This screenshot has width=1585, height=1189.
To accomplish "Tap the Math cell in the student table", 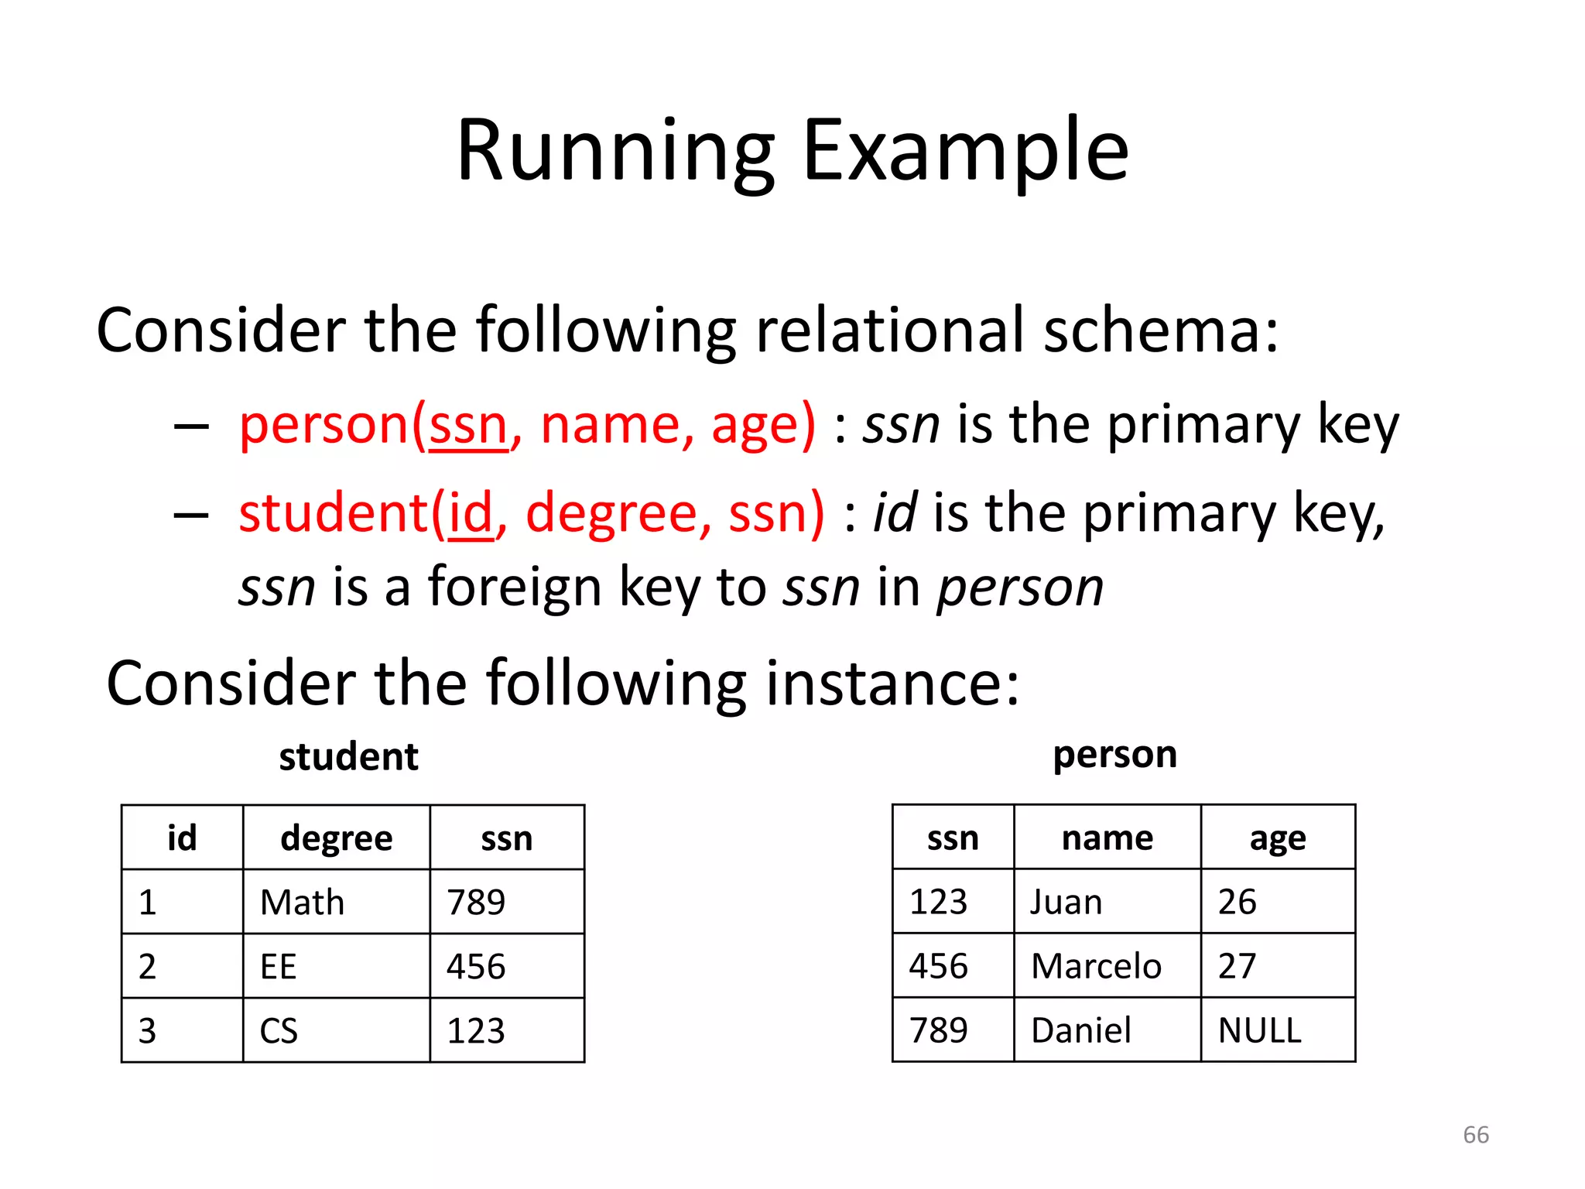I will click(x=302, y=903).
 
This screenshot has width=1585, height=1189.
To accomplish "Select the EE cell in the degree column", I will click(x=279, y=967).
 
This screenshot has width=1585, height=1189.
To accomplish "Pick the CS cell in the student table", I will click(x=279, y=1031).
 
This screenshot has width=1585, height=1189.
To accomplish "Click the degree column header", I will click(x=336, y=838).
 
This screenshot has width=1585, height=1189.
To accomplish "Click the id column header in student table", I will click(x=182, y=838).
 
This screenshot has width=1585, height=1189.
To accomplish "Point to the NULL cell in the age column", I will click(x=1259, y=1030).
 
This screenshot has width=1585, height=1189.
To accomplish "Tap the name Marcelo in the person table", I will click(x=1096, y=966).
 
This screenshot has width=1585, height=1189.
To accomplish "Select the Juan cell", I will click(x=1066, y=903).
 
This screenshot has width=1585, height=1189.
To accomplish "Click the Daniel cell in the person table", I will click(x=1080, y=1030).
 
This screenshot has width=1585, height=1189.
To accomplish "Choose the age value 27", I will click(x=1237, y=966).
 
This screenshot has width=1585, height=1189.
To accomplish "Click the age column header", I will click(x=1277, y=838).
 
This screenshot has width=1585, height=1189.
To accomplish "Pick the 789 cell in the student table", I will click(x=476, y=903).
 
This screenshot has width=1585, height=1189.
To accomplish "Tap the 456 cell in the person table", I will click(x=938, y=966).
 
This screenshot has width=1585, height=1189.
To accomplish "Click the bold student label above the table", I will click(x=348, y=756).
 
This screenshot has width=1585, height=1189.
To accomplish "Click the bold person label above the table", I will click(x=1114, y=755).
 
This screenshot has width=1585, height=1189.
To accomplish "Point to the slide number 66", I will click(x=1475, y=1135).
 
